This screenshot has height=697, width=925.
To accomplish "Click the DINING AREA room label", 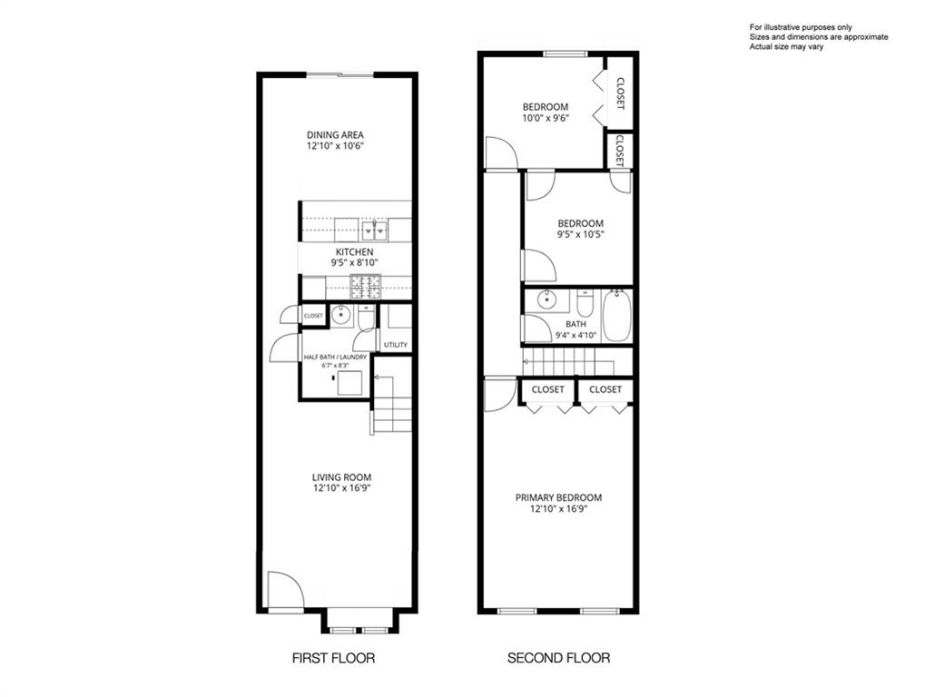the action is (x=335, y=135).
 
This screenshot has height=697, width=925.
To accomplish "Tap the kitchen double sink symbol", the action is (x=375, y=231).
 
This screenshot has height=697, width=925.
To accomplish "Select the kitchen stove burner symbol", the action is (x=366, y=286).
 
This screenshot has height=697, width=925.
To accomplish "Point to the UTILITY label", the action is (x=395, y=345).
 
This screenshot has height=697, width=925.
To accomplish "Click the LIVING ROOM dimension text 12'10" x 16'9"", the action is (x=342, y=488).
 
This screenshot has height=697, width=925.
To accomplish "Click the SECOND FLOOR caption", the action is (x=558, y=657).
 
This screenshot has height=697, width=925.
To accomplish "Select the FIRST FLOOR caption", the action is (x=333, y=657).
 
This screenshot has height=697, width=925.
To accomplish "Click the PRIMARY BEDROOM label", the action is (x=558, y=497).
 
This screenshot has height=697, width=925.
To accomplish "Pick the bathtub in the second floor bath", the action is (x=617, y=316).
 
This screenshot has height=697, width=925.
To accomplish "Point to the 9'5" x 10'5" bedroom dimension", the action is (x=581, y=234).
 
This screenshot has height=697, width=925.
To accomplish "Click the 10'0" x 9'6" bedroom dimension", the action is (x=546, y=118).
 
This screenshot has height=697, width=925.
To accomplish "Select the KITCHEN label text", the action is (x=355, y=252).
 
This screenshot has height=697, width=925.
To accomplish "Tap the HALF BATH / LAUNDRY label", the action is (x=335, y=358).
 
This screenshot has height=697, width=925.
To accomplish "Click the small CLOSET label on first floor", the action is (x=313, y=316).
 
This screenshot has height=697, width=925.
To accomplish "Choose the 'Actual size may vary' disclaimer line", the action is (x=786, y=46).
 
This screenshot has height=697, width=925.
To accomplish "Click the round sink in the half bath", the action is (x=340, y=316).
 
